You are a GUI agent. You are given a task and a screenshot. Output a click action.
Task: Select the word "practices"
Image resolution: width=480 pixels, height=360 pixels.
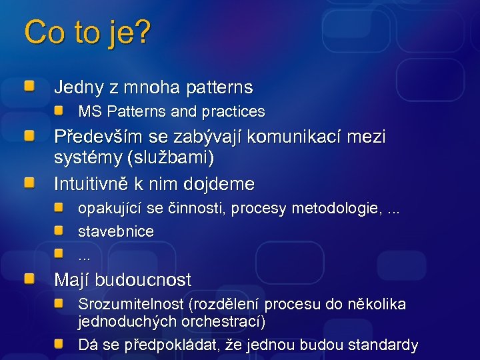(x=234, y=112)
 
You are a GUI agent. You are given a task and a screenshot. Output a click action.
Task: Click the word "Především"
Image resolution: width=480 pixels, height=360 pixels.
(x=93, y=137)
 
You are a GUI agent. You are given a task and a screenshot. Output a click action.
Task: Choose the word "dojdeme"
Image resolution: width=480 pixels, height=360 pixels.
(x=224, y=183)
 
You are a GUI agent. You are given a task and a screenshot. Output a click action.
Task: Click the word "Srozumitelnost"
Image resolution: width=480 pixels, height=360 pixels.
(x=131, y=305)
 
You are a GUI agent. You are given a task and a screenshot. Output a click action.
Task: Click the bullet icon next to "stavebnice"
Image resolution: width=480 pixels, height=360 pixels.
(x=60, y=231)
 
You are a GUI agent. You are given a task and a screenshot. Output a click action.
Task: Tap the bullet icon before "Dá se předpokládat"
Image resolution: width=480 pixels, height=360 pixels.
(x=60, y=344)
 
